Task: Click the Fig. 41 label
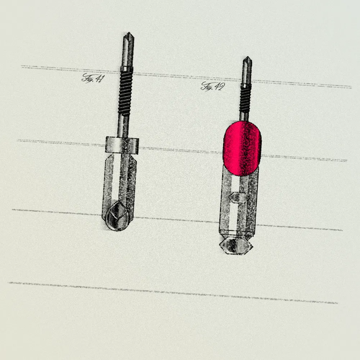pyautogui.click(x=93, y=78)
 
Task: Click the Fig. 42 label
pyautogui.click(x=213, y=86)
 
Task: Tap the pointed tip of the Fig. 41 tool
pyautogui.click(x=129, y=33)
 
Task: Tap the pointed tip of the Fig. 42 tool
pyautogui.click(x=247, y=57)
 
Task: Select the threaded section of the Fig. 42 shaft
pyautogui.click(x=245, y=100)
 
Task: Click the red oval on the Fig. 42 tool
pyautogui.click(x=242, y=149)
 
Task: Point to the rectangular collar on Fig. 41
pyautogui.click(x=122, y=145)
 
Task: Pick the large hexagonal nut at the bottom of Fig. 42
pyautogui.click(x=236, y=246)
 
